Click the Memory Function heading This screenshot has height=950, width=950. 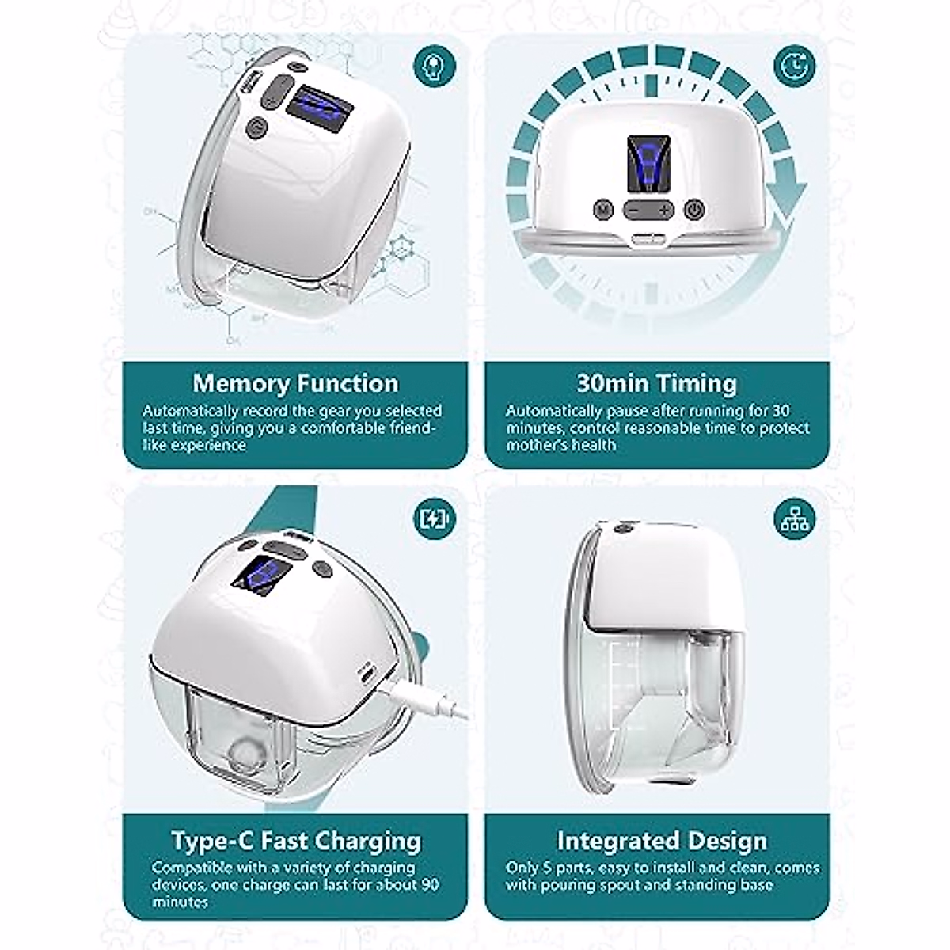point(295,383)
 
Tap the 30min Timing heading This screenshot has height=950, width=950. point(656,383)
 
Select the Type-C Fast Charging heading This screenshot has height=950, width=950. point(295,840)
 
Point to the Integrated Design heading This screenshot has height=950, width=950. point(661,840)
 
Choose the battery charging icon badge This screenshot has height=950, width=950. point(435,519)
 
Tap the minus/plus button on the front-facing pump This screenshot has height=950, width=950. point(648,210)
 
